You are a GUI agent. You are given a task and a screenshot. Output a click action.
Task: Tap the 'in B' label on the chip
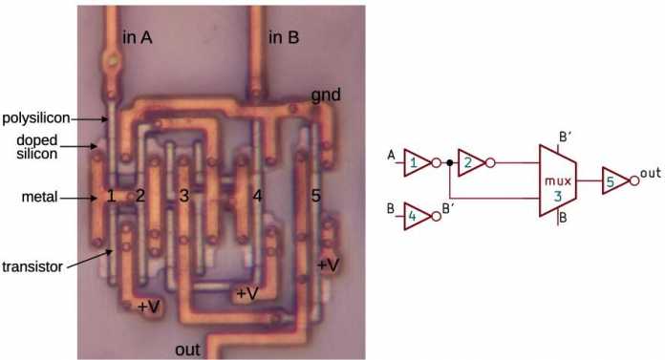click(x=284, y=37)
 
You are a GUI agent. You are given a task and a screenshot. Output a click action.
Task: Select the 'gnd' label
click(x=326, y=95)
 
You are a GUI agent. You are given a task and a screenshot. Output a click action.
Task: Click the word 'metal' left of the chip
click(x=38, y=198)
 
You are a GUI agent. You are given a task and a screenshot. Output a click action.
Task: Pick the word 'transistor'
click(x=32, y=265)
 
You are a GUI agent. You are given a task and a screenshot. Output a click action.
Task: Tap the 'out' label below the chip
click(x=187, y=349)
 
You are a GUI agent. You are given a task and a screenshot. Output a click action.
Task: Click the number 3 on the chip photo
click(x=184, y=197)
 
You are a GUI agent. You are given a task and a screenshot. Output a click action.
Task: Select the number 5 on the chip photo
click(x=316, y=197)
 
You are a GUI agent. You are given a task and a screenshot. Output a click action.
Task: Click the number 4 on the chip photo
click(x=256, y=197)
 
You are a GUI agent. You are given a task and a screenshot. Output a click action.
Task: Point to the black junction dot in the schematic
click(x=449, y=162)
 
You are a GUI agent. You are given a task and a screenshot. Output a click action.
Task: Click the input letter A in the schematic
click(x=391, y=155)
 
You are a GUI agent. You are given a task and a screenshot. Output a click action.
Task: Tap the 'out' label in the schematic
click(x=651, y=172)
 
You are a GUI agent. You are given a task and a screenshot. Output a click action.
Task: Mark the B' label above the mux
click(x=566, y=137)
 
